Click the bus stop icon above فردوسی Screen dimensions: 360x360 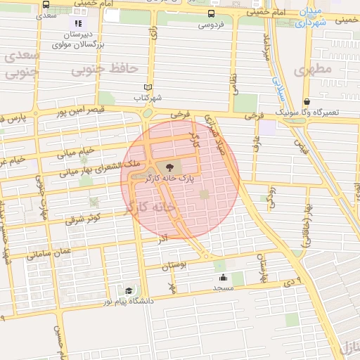pyautogui.click(x=212, y=13)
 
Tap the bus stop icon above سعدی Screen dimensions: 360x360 pyautogui.click(x=46, y=4)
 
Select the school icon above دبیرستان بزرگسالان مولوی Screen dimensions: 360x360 pyautogui.click(x=78, y=23)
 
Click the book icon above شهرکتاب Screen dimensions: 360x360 pyautogui.click(x=147, y=87)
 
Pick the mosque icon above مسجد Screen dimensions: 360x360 pyautogui.click(x=223, y=277)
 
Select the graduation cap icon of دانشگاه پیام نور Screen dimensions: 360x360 pyautogui.click(x=128, y=290)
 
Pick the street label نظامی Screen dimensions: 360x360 pyautogui.click(x=234, y=89)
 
